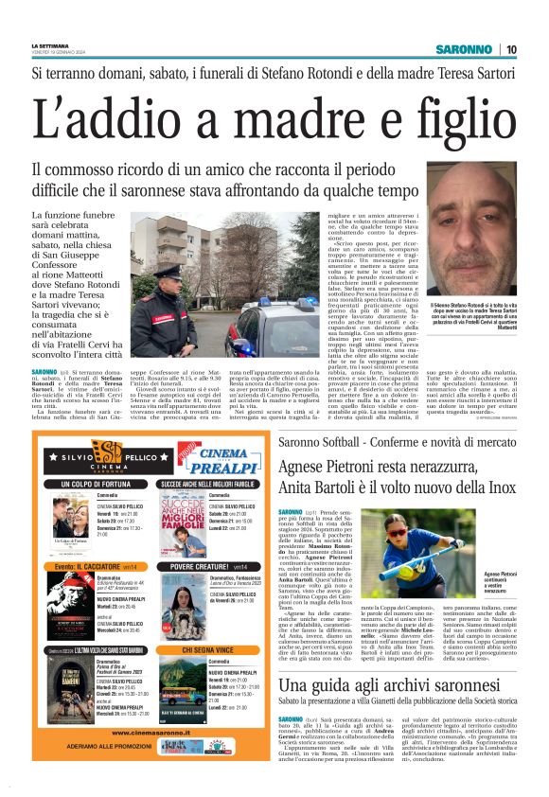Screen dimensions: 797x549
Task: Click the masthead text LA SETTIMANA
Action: click(x=51, y=44)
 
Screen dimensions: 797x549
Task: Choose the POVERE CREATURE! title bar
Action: click(x=208, y=566)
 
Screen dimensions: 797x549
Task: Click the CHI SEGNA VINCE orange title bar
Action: click(x=208, y=650)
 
